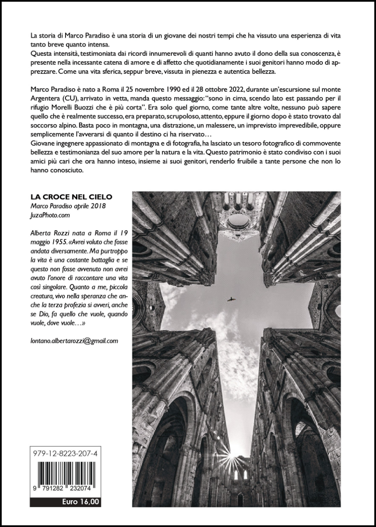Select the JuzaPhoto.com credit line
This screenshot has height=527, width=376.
click(x=48, y=215)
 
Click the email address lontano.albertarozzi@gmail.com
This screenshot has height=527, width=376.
click(x=74, y=340)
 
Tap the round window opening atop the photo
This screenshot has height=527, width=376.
click(x=239, y=220)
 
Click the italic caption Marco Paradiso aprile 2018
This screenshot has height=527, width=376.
click(x=68, y=206)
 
